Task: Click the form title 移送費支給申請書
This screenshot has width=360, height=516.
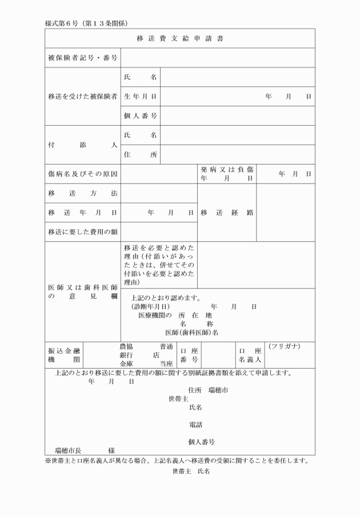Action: pyautogui.click(x=179, y=39)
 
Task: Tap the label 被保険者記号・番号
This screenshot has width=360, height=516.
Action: pyautogui.click(x=82, y=58)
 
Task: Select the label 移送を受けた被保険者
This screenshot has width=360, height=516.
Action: pyautogui.click(x=82, y=97)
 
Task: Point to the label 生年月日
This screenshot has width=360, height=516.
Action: pyautogui.click(x=140, y=97)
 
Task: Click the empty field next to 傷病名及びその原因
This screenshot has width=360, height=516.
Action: pyautogui.click(x=159, y=174)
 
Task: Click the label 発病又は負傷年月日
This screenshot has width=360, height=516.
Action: pyautogui.click(x=227, y=174)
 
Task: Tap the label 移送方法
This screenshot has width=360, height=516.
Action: pyautogui.click(x=82, y=193)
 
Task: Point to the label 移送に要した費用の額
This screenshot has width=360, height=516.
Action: pyautogui.click(x=82, y=231)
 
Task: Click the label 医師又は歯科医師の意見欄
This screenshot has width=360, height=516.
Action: pyautogui.click(x=82, y=291)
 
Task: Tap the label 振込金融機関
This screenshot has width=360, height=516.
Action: pyautogui.click(x=64, y=355)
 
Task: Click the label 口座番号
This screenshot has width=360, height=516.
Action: pyautogui.click(x=188, y=355)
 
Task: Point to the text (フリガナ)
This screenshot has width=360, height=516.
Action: pyautogui.click(x=283, y=347)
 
